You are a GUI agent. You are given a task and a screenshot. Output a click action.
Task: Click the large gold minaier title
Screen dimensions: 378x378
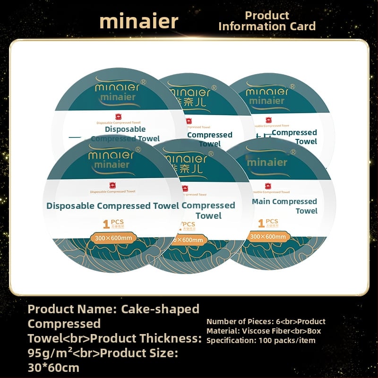tap(139, 21)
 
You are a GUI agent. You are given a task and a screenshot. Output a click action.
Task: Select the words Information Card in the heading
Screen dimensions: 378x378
tap(267, 26)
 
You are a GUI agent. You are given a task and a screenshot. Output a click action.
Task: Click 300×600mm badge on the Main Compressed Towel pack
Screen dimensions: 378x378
tap(268, 236)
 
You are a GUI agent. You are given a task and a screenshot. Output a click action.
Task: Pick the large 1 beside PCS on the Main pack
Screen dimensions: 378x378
tap(261, 223)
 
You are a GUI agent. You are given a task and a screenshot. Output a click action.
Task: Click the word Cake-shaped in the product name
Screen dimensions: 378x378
tap(161, 309)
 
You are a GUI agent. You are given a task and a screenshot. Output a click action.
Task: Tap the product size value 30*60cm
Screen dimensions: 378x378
tap(53, 368)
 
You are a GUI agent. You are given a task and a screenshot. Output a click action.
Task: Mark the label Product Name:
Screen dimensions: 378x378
tap(71, 309)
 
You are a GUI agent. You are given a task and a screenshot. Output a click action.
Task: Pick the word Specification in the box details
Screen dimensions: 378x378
tap(229, 340)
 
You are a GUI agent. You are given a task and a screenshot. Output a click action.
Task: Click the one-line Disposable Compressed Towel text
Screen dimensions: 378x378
tap(112, 206)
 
